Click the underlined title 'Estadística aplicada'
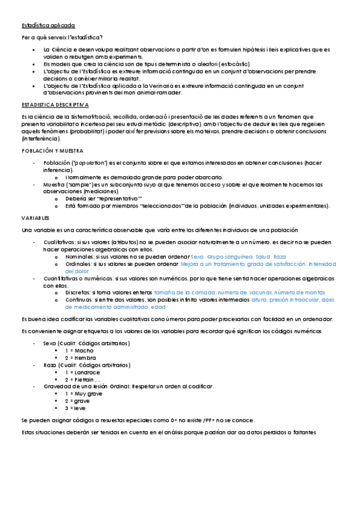pos(48,26)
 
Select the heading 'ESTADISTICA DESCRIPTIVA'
pos(55,104)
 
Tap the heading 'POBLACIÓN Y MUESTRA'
pos(52,150)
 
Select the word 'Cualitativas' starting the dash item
pos(59,242)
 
